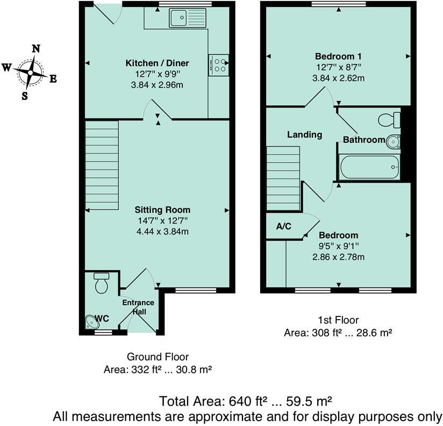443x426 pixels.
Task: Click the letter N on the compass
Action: [36, 48]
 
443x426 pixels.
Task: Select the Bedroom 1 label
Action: [338, 56]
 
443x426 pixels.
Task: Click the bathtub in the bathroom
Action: [369, 167]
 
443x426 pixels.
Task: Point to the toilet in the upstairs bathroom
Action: [389, 118]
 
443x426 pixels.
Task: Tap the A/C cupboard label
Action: [283, 226]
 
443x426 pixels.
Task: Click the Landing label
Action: [304, 135]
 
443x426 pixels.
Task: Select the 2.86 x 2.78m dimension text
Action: [339, 257]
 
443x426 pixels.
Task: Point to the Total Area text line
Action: [245, 401]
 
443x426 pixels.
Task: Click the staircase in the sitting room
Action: [102, 165]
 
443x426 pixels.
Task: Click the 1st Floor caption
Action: [338, 321]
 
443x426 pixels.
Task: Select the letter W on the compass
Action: [7, 68]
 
